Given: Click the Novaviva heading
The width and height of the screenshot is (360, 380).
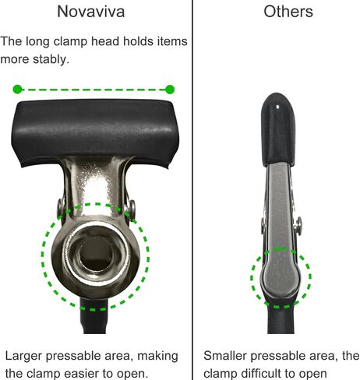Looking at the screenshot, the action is pos(91,12).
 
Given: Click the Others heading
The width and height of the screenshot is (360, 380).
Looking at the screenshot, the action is pos(288,12).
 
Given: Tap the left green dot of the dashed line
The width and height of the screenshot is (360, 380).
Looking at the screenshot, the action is pos(17,90).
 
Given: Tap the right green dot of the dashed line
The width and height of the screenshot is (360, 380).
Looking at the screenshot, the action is pos(170,90).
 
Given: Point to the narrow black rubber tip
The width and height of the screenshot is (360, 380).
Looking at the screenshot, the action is pos(277,129).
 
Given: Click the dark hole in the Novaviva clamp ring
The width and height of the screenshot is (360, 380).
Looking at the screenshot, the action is pos(96,255).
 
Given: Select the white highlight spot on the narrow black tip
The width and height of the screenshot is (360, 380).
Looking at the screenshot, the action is pos(278,107).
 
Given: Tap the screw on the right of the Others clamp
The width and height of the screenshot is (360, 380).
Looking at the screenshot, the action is pos(298,226).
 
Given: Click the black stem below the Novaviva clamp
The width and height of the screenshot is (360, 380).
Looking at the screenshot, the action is pos(94,316).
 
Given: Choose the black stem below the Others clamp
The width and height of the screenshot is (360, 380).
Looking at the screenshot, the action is pos(281,317).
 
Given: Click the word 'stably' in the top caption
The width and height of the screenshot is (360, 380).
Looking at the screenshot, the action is pos(51,59).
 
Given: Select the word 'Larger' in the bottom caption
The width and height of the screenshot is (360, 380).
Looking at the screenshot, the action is pos(23,357).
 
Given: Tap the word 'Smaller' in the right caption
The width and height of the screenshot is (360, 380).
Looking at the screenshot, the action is pos(224,356).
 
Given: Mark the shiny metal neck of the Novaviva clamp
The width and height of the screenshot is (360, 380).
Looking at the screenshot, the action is pos(96,187).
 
